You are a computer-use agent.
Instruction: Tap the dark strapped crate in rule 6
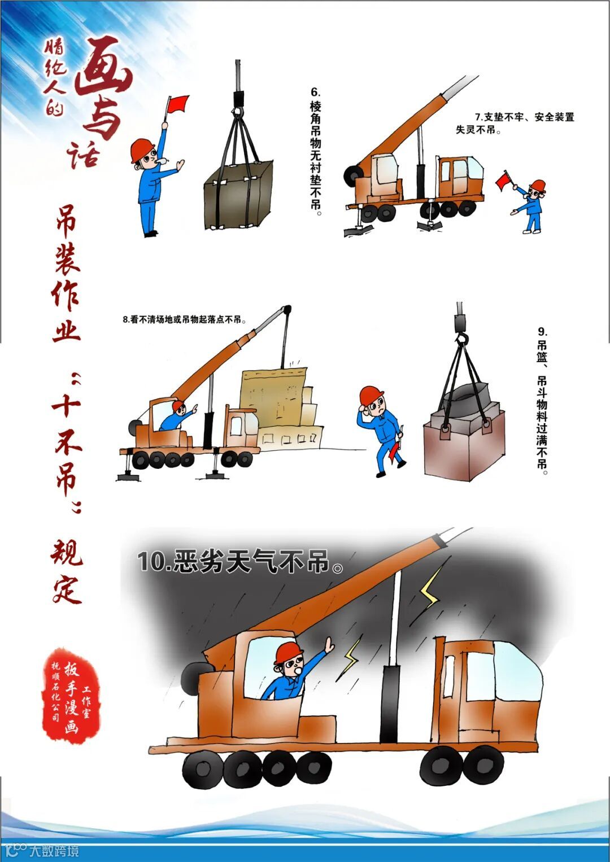(x=238, y=195)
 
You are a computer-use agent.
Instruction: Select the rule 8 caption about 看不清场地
(x=184, y=319)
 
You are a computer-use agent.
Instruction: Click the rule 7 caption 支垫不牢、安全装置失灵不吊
(x=515, y=123)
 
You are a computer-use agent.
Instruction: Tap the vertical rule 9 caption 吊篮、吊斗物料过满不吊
(x=542, y=401)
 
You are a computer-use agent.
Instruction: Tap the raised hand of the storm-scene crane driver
(x=329, y=644)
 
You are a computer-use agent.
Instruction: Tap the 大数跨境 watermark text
(x=54, y=851)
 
